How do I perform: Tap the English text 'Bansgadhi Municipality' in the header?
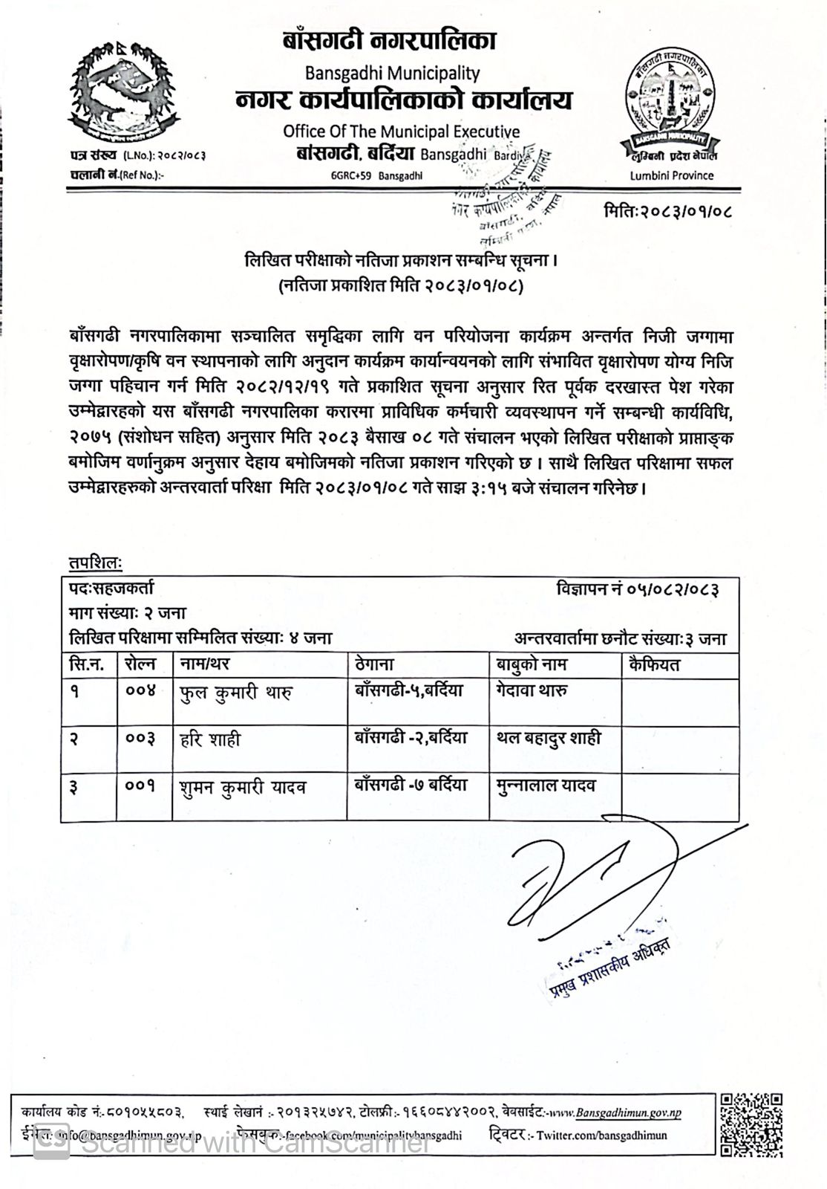tap(392, 73)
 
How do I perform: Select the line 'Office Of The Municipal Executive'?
tap(401, 132)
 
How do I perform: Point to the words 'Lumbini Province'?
tap(671, 175)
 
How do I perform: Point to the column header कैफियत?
tap(653, 664)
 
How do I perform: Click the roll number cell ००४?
tap(140, 691)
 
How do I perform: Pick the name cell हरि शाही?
tap(210, 739)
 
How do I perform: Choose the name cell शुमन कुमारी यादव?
tap(243, 787)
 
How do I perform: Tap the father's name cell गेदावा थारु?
tap(532, 690)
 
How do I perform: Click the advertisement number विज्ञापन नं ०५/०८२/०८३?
tap(637, 589)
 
